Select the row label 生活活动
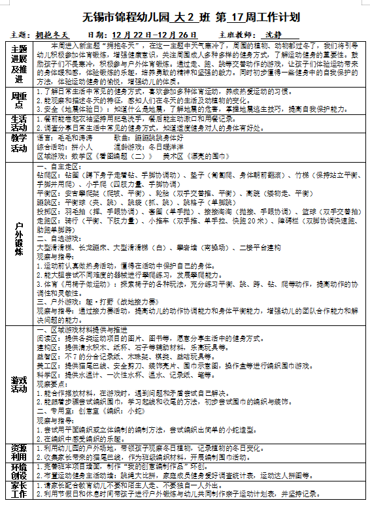click(x=19, y=123)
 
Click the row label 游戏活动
click(x=19, y=384)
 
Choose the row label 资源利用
click(x=19, y=453)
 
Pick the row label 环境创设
click(x=19, y=472)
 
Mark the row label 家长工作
click(x=19, y=491)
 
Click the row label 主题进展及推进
click(x=19, y=64)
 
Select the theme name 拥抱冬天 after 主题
click(x=52, y=33)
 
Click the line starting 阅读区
click(x=131, y=339)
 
